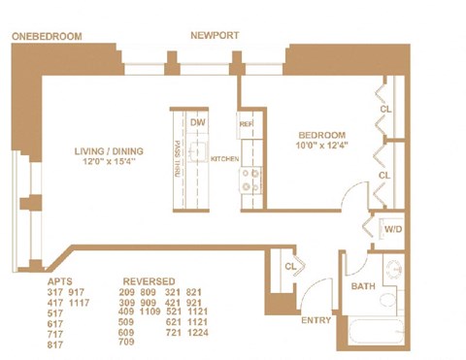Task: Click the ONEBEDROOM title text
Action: pos(47,36)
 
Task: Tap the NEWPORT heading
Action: pos(214,35)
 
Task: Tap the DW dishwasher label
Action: pos(198,122)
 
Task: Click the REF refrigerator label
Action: pos(246,123)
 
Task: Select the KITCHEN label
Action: pos(225,159)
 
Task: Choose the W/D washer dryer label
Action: pos(393,230)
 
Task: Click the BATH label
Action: pos(363,286)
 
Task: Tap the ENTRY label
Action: pos(316,320)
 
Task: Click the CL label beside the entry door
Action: pos(289,266)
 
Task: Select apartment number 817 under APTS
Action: pos(59,344)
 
